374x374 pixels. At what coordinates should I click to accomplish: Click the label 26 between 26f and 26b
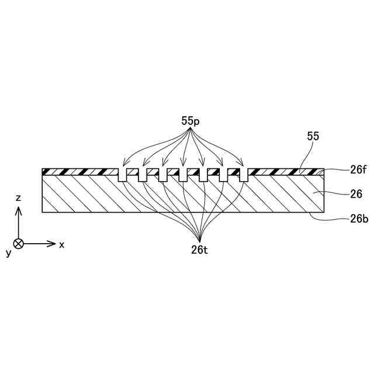356,193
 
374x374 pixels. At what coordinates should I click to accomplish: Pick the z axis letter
19,198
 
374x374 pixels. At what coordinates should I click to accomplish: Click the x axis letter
61,244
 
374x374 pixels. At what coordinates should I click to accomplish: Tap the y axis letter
9,252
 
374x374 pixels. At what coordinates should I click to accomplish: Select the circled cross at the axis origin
19,243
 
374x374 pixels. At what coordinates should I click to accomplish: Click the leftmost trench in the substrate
123,175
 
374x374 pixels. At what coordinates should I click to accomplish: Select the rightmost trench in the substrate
244,175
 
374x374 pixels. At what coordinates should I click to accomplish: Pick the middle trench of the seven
183,175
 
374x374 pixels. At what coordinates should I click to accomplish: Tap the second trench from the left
143,175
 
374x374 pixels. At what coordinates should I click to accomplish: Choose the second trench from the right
224,175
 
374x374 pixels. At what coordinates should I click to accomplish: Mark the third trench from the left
163,175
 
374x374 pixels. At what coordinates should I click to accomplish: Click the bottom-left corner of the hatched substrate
43,212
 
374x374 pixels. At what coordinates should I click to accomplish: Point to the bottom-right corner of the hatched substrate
324,212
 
